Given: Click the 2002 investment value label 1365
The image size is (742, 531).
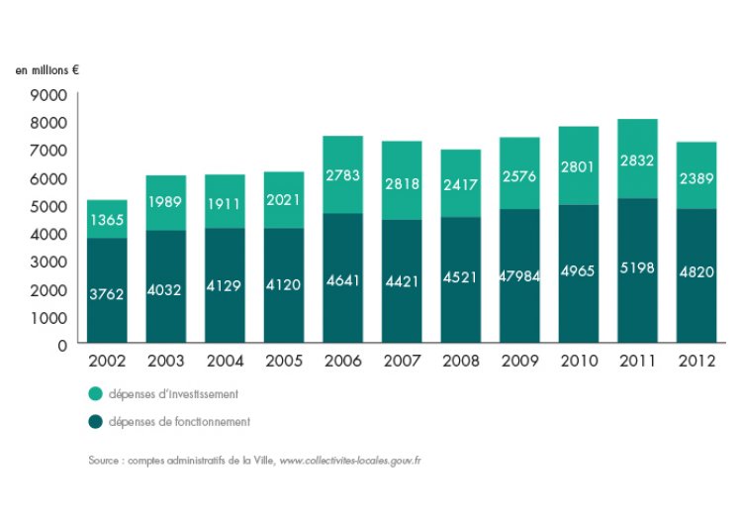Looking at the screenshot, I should [x=106, y=221].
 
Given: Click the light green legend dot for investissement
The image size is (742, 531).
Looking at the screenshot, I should [x=95, y=394].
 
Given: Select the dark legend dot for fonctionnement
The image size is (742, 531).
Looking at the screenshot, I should [x=95, y=421].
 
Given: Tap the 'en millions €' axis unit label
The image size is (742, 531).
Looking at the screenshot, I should [x=46, y=71].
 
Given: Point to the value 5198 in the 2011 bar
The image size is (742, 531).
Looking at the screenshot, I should [x=637, y=268].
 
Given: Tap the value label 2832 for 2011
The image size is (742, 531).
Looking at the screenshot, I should [x=637, y=160].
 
